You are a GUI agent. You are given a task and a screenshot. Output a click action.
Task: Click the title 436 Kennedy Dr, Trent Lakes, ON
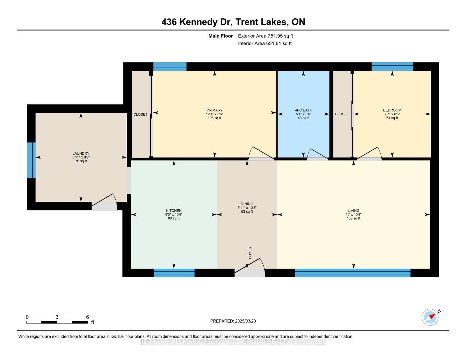pos(233,22)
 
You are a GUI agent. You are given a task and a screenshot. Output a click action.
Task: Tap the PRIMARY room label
pos(214,110)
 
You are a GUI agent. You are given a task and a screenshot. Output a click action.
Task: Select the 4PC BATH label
pos(303,110)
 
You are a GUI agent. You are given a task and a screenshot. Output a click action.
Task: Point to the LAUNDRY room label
pos(81,153)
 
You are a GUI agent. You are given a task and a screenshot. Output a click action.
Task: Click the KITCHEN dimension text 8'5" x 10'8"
pos(174,214)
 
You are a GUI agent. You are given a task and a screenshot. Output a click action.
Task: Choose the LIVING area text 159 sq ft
pos(353,218)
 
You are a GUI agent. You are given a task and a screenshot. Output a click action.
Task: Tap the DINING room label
pos(247,204)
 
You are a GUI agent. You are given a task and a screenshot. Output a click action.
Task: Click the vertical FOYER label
pos(250,253)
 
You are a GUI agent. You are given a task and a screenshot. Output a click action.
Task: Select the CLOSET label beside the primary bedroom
pos(140,114)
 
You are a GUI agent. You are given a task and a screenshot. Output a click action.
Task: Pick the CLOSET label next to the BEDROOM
pos(342,114)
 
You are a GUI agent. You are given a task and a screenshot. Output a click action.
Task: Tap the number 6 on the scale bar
pos(87,317)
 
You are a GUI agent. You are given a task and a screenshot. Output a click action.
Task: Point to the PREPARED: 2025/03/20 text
pos(233,321)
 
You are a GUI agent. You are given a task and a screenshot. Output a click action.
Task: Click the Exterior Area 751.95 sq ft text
pos(265,36)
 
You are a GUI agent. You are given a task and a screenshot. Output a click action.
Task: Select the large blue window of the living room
pos(352,273)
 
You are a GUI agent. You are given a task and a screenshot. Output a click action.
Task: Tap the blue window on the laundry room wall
pos(31,160)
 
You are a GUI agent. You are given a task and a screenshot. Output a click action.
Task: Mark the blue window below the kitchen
pos(174,273)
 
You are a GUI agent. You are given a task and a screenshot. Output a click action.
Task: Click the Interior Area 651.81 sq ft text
pos(265,43)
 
